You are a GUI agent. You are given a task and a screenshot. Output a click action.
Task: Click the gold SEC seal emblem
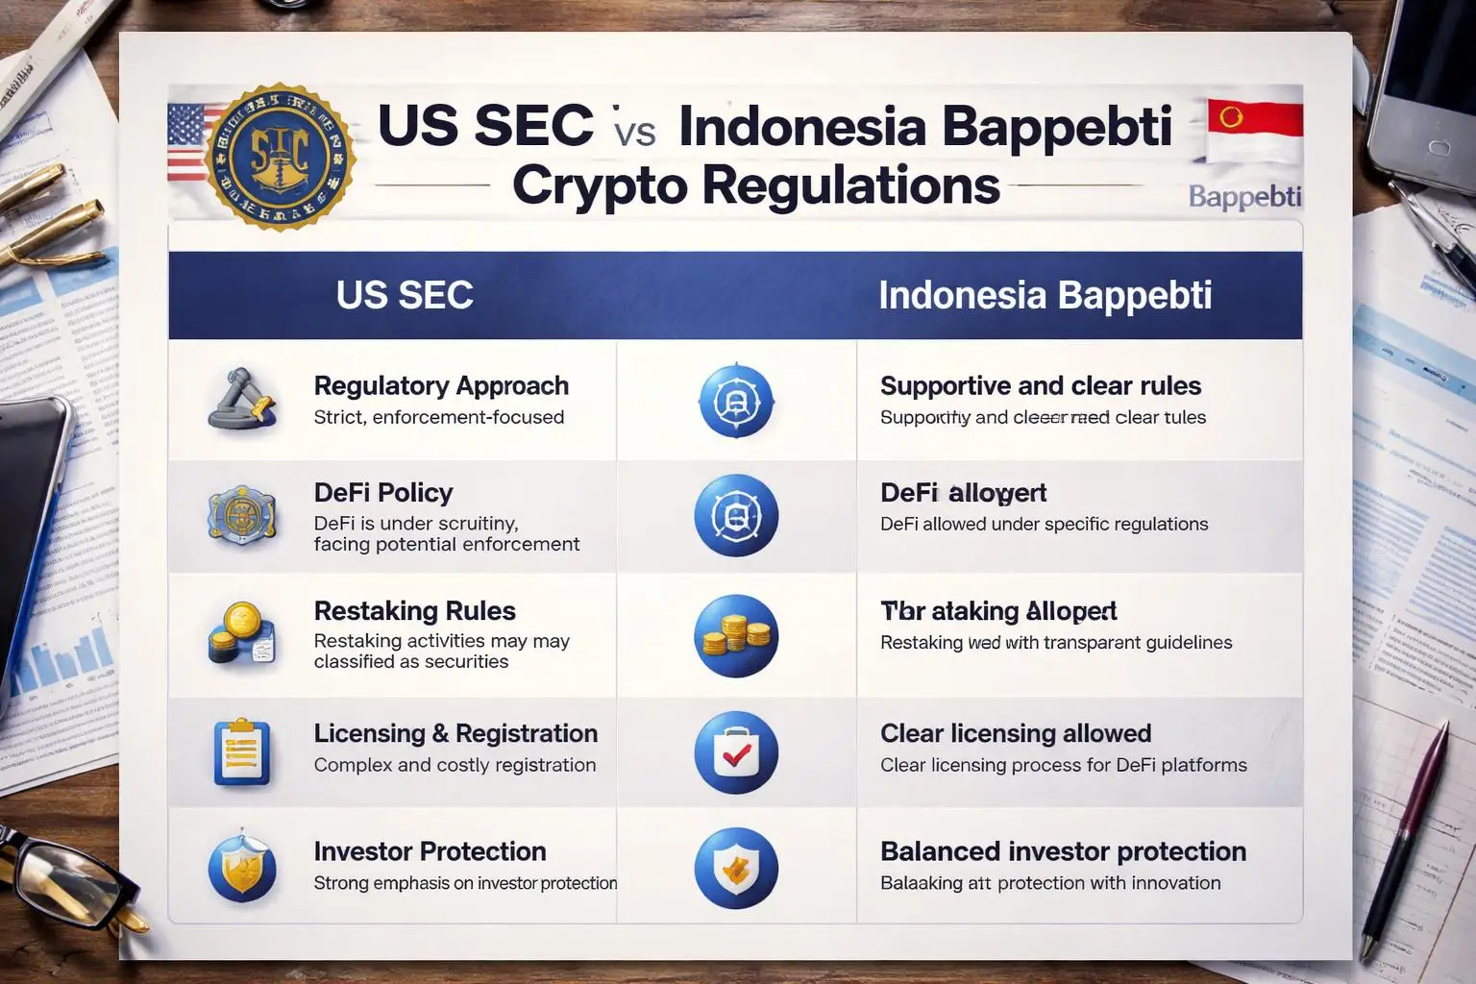(280, 157)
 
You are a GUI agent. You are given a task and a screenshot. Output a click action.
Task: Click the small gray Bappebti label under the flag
(1244, 197)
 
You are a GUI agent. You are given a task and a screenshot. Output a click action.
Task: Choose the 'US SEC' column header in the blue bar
(405, 295)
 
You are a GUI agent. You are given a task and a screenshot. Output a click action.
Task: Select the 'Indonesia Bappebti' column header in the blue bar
(1045, 295)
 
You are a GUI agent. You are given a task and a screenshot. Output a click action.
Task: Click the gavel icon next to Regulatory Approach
(241, 399)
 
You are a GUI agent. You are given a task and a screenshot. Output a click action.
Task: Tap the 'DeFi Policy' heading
(382, 493)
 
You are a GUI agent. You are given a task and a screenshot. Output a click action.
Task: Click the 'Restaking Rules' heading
(414, 611)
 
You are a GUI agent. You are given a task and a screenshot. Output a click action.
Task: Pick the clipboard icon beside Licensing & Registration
(240, 751)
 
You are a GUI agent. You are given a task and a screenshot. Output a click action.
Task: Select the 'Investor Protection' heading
(430, 851)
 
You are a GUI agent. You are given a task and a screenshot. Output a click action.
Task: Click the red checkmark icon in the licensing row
(736, 753)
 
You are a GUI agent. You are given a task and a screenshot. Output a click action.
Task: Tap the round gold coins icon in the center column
(736, 636)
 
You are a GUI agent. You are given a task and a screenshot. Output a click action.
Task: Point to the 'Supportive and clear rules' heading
(1040, 386)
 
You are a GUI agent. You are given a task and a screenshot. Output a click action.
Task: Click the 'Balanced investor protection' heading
(1063, 851)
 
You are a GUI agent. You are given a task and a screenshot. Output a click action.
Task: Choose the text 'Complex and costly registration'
(455, 765)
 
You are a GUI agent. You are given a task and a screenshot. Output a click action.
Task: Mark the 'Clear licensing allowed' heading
(1015, 734)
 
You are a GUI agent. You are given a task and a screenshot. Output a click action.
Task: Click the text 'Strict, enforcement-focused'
(438, 417)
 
